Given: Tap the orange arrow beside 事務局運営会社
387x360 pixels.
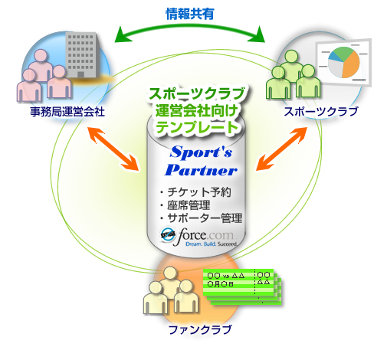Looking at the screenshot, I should click(113, 149).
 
